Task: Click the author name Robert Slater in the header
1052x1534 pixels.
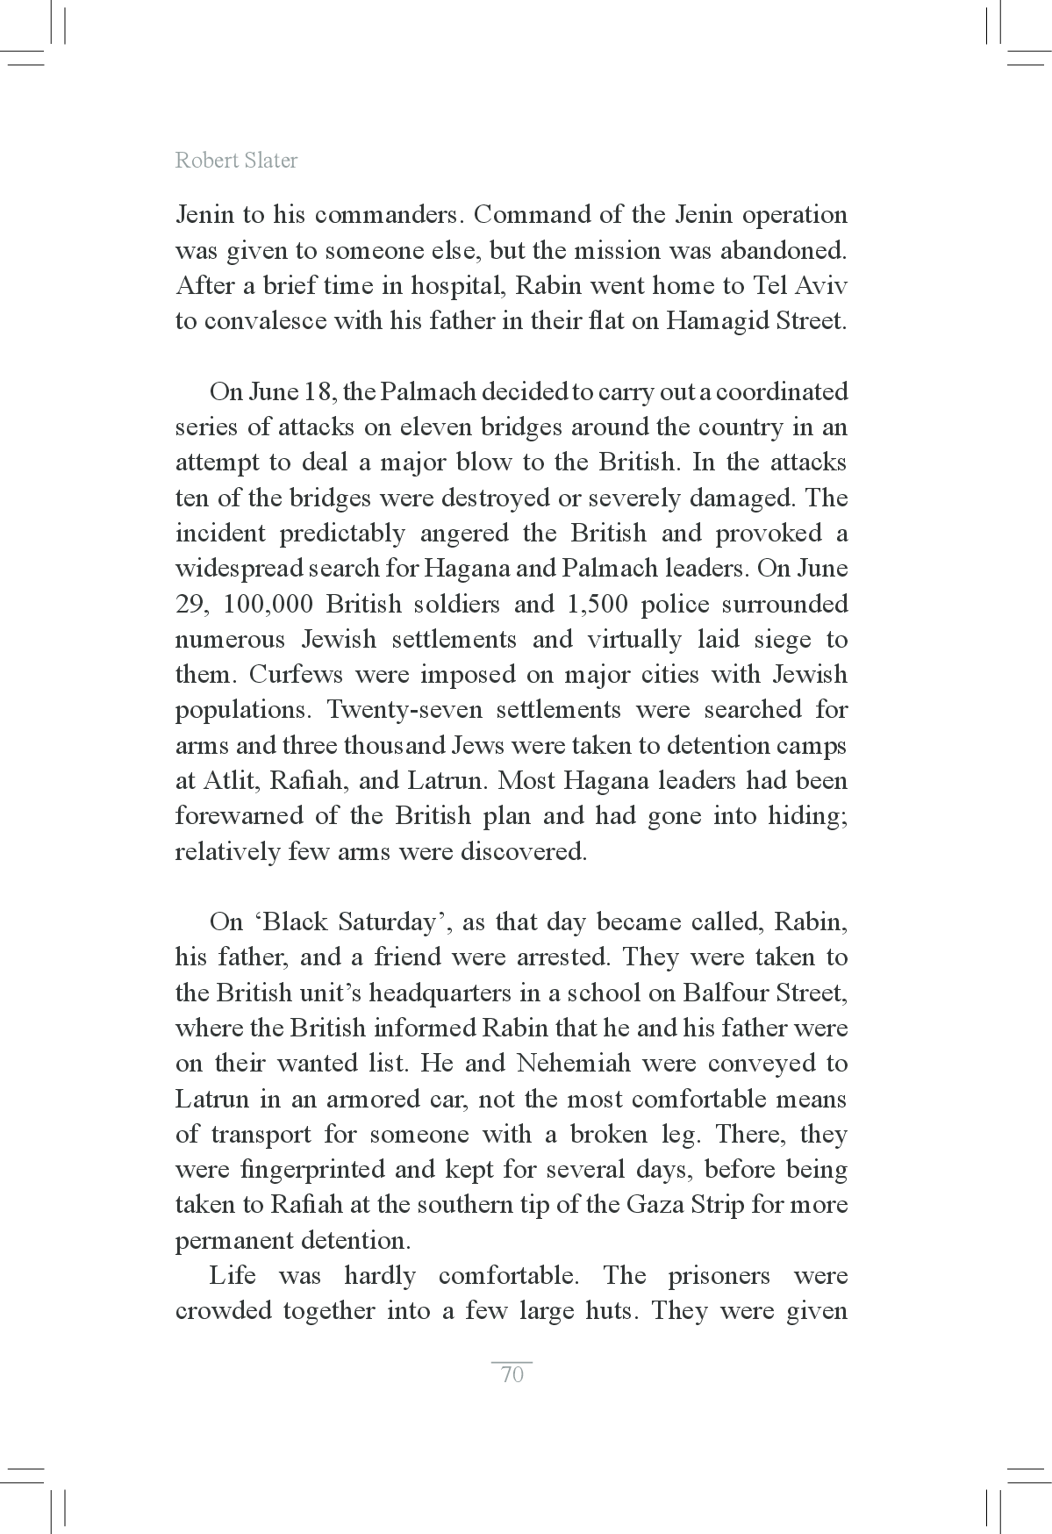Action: (236, 161)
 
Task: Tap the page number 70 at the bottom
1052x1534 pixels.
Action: (512, 1375)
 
